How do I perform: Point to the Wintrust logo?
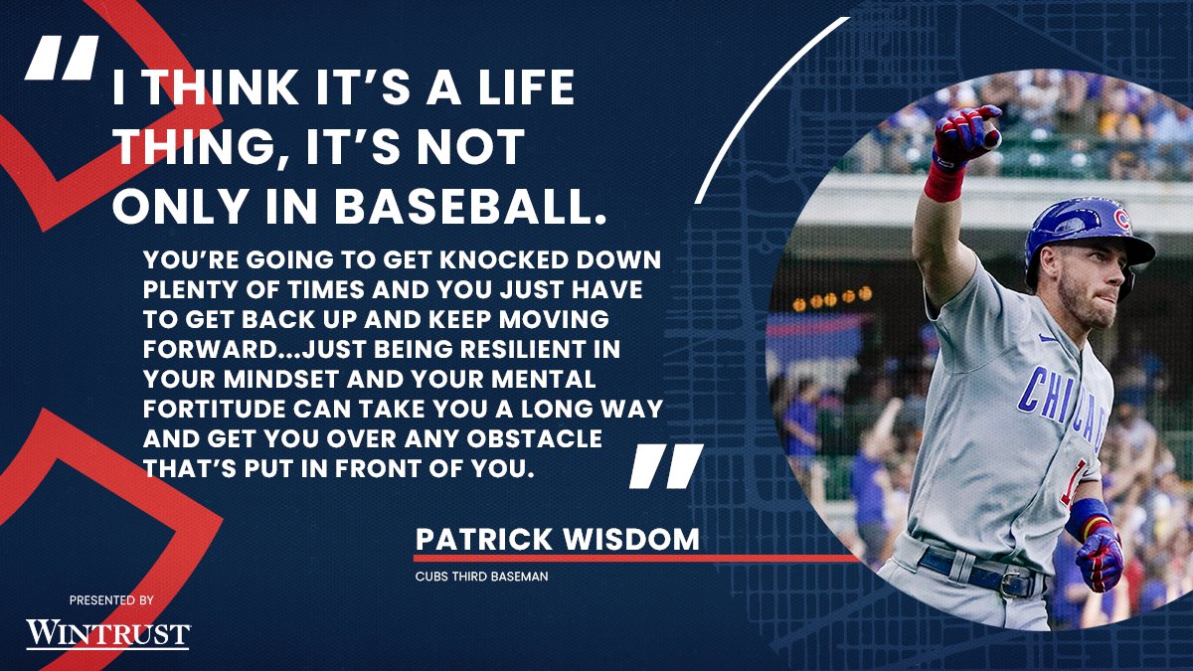tap(107, 633)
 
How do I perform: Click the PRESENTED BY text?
tap(111, 601)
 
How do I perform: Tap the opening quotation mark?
tap(62, 59)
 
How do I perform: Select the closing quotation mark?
tap(666, 466)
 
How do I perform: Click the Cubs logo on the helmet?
tap(1121, 219)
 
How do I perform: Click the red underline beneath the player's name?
tap(636, 559)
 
